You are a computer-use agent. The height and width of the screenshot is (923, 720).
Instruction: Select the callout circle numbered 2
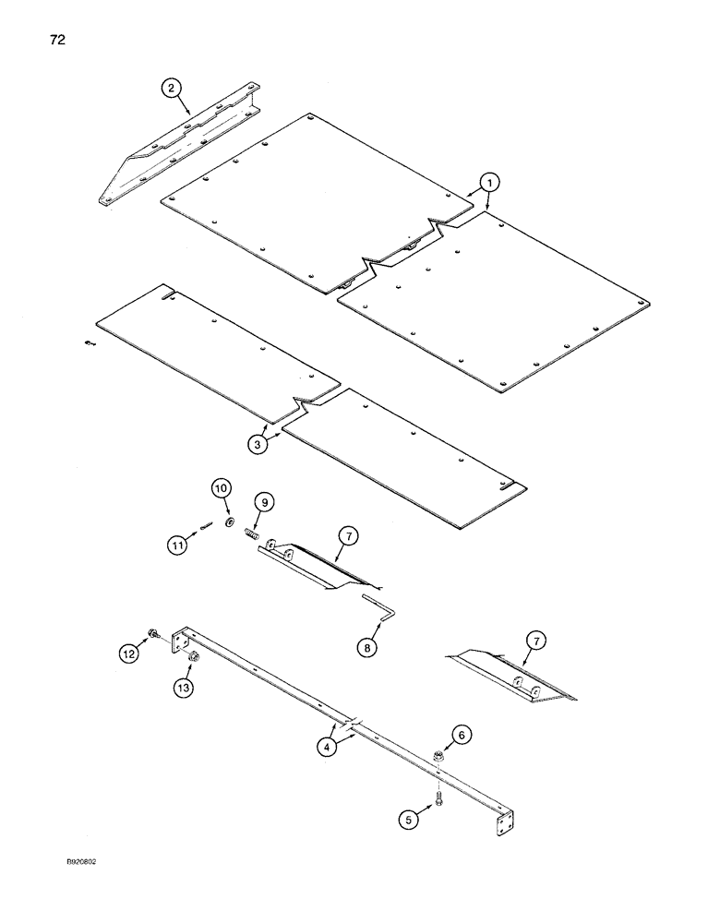[170, 89]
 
